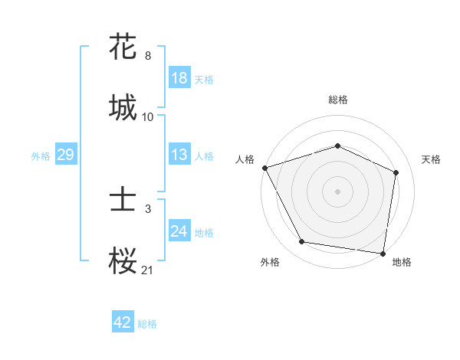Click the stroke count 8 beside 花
click(x=148, y=56)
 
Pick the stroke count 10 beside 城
click(x=148, y=116)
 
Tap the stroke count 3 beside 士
click(x=148, y=208)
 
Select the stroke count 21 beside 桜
click(x=148, y=269)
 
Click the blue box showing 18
click(x=179, y=78)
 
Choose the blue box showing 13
click(x=179, y=155)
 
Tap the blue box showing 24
click(x=179, y=231)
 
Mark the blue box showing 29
click(x=65, y=155)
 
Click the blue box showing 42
click(x=122, y=322)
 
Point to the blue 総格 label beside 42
click(x=147, y=324)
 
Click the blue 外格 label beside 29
click(x=41, y=156)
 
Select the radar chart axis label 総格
click(x=338, y=100)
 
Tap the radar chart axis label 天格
click(x=432, y=159)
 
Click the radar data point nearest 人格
click(x=264, y=168)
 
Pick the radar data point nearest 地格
click(x=383, y=253)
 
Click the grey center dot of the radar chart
click(x=338, y=191)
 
